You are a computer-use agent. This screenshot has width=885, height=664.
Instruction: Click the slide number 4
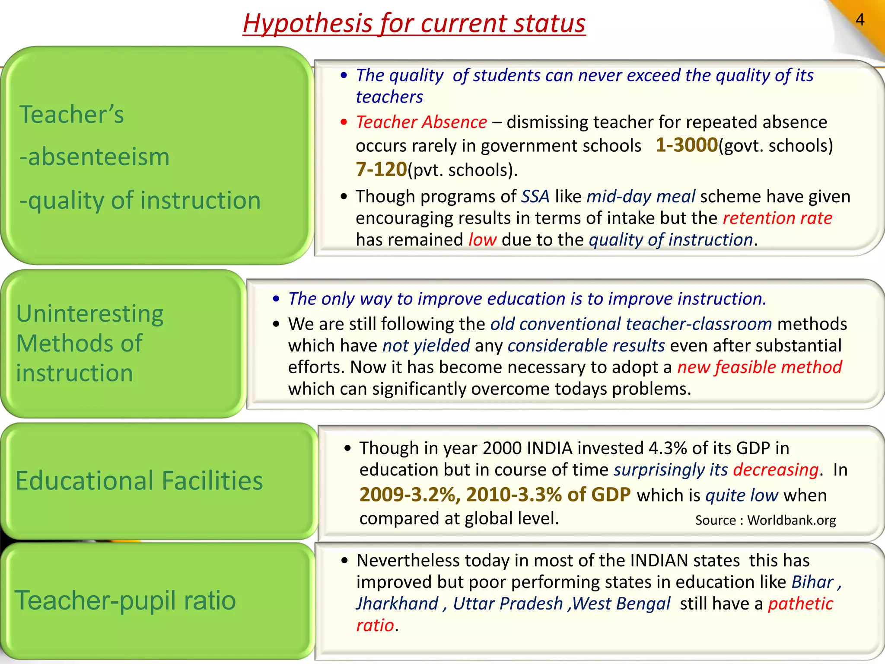(x=860, y=20)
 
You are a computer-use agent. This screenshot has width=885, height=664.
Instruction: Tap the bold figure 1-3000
(x=686, y=145)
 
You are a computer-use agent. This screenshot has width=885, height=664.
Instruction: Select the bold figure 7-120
(x=381, y=169)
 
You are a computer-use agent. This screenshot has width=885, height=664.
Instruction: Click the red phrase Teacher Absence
(x=421, y=122)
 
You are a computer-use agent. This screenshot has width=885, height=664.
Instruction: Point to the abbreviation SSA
(x=535, y=197)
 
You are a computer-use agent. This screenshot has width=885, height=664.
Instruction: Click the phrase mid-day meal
(x=641, y=197)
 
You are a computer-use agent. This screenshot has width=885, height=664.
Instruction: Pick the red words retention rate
(x=777, y=218)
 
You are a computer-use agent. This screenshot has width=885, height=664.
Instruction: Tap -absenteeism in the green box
(x=94, y=157)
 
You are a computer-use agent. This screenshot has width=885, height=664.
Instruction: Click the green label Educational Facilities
(x=139, y=481)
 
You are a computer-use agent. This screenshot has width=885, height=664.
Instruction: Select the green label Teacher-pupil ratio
(x=125, y=600)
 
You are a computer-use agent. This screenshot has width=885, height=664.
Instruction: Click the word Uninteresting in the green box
(x=90, y=314)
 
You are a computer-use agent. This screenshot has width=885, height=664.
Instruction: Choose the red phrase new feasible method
(x=759, y=367)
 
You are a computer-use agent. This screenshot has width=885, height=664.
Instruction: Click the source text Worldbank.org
(x=791, y=520)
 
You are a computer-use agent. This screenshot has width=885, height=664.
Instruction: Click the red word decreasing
(x=776, y=470)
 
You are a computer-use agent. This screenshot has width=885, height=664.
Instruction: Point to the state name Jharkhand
(x=397, y=604)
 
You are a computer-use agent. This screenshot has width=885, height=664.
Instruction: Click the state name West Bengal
(x=621, y=604)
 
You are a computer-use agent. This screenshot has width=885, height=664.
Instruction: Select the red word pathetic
(x=800, y=604)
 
